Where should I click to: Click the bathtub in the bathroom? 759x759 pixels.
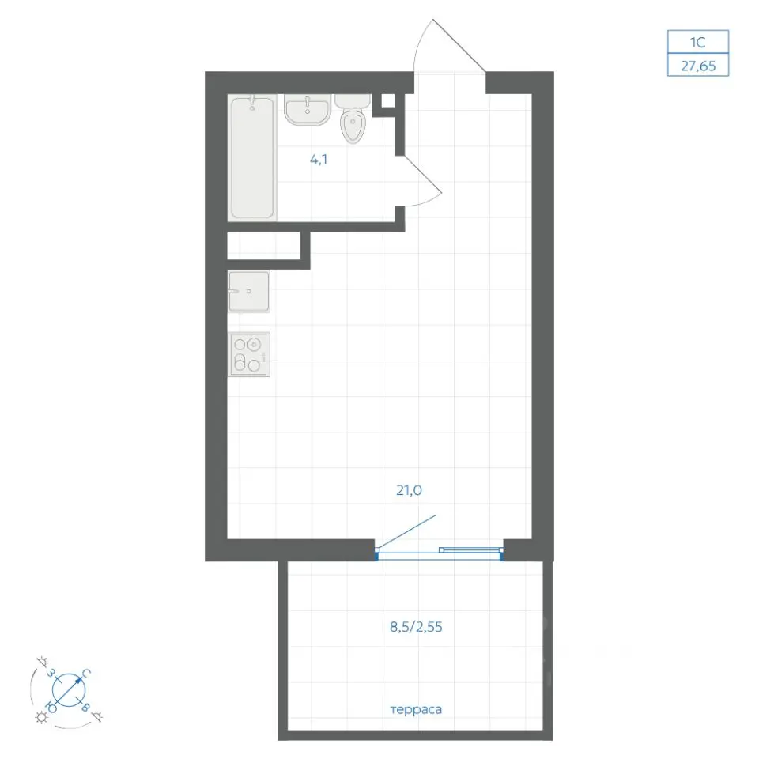(x=252, y=157)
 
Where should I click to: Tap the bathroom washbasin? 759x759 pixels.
(x=308, y=109)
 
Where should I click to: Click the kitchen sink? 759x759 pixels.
(x=249, y=291)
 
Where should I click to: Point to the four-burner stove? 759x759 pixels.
(x=249, y=354)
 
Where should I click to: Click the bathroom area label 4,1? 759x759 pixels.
(x=319, y=159)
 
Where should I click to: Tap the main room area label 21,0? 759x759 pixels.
(x=409, y=490)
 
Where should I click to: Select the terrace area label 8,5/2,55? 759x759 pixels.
(x=416, y=627)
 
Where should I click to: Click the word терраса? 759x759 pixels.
(x=416, y=710)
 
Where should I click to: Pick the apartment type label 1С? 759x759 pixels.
(x=697, y=43)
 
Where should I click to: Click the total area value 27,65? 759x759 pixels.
(x=698, y=66)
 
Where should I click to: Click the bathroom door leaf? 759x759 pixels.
(x=422, y=174)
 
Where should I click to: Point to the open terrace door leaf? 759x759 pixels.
(x=406, y=532)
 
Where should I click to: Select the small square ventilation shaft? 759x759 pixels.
(x=388, y=100)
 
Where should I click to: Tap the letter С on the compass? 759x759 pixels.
(x=86, y=674)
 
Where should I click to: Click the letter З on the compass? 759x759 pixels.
(x=51, y=672)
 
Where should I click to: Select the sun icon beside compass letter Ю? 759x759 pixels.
(x=42, y=717)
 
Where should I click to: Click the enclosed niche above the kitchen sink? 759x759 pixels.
(x=264, y=246)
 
